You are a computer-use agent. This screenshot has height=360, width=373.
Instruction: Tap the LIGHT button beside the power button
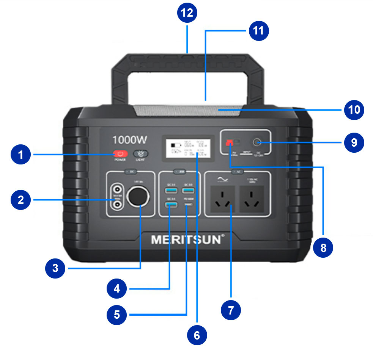[141, 154]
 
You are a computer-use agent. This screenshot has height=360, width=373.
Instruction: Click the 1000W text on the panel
[129, 140]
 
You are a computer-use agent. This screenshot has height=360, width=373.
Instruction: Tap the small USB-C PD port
[187, 205]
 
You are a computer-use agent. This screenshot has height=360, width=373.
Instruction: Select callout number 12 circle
[187, 13]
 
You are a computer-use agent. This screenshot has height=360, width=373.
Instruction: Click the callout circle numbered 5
[117, 314]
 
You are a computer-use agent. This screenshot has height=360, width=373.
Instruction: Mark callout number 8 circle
[323, 248]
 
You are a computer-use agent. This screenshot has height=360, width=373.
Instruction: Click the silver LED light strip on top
[187, 110]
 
